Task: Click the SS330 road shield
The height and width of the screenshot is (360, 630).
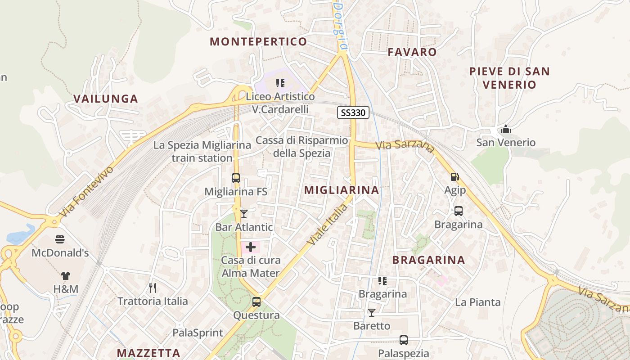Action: pos(353,112)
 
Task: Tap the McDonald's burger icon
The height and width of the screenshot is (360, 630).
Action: pos(60,239)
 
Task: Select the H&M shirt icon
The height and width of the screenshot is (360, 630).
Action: pos(66,275)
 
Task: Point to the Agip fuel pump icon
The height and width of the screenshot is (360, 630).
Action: pos(454,177)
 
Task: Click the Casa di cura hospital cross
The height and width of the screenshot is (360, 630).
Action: pos(251,247)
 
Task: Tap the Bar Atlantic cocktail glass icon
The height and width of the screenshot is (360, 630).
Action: pos(244,213)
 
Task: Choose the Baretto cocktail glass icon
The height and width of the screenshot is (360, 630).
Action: pos(372,312)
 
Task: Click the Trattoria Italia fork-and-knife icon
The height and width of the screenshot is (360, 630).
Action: pos(153,288)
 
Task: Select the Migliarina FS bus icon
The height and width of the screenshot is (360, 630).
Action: pos(236,178)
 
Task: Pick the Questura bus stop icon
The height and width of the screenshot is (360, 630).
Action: pos(256,302)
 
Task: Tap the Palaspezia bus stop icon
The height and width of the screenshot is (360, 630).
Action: pos(404,340)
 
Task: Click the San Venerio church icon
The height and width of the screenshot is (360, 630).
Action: pos(506,130)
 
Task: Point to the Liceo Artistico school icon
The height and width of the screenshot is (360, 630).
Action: pos(280,83)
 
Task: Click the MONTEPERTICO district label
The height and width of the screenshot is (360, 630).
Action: pos(258,42)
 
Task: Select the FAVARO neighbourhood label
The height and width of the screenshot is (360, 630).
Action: pos(412,52)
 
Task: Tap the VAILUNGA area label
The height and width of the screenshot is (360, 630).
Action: pos(105,99)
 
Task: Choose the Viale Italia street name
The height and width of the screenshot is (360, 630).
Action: pos(328,225)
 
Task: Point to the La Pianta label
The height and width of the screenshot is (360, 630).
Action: pos(478,302)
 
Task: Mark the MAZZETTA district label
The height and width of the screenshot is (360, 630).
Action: pos(148,353)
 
